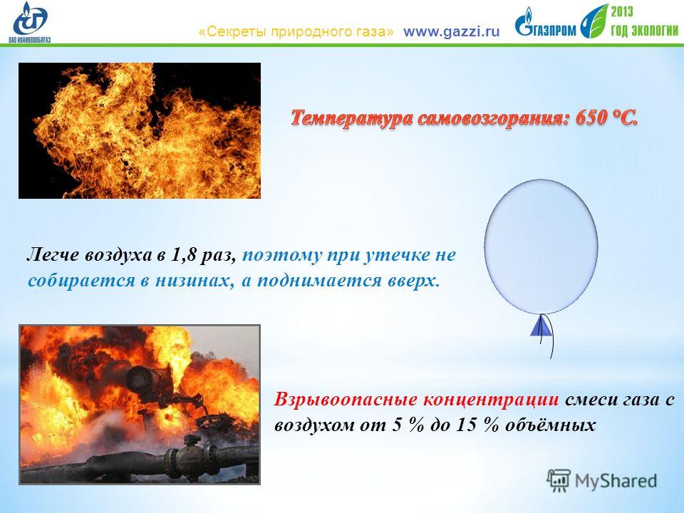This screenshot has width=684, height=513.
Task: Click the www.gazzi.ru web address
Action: coord(451,32)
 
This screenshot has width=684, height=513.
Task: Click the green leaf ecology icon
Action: coord(594,21)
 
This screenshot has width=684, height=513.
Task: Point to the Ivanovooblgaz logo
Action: coord(30,22)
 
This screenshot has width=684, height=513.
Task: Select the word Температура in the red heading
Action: coord(352,118)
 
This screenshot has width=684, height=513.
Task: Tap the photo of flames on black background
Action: coord(140,130)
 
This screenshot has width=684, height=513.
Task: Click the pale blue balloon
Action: coord(541,247)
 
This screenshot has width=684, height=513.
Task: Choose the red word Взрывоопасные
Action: coord(346,399)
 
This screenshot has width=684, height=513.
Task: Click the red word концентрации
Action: coord(491,399)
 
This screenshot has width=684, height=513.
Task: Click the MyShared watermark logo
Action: coord(601,481)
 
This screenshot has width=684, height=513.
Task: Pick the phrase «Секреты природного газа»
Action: coord(296,32)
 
